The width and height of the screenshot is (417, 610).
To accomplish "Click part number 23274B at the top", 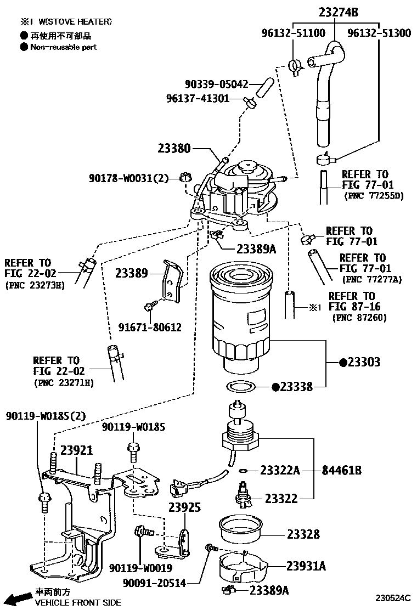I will [336, 12].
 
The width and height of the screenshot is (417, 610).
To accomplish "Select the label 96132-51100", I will [294, 33].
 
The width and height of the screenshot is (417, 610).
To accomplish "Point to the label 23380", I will [174, 148].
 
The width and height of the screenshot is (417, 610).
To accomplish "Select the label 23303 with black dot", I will [359, 362].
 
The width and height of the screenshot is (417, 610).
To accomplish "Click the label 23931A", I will [306, 566].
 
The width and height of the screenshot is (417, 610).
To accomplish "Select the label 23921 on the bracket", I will [77, 450].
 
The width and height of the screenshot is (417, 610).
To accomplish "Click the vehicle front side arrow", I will [19, 597].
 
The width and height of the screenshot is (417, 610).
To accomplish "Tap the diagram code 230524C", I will [393, 597].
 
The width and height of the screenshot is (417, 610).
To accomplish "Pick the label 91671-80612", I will [150, 327].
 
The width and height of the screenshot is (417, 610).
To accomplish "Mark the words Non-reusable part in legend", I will [63, 47].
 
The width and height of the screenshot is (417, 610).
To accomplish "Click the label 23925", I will [184, 507].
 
